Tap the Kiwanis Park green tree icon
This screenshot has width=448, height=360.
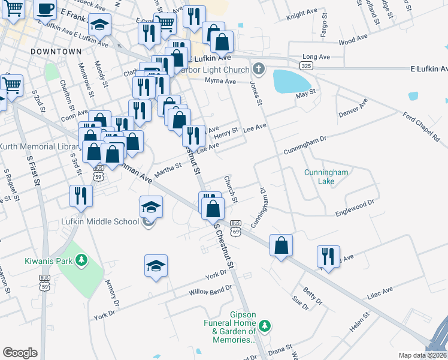coord(80,260)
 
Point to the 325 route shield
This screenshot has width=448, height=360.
coord(307,65)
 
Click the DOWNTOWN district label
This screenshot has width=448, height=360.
coord(56,52)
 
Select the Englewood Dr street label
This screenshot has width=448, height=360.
coord(354,208)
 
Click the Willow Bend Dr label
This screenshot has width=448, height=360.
coord(210,293)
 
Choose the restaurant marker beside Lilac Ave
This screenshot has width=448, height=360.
coord(328,256)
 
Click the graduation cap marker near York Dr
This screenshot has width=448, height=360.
coord(156,266)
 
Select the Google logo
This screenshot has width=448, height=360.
coord(20,352)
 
